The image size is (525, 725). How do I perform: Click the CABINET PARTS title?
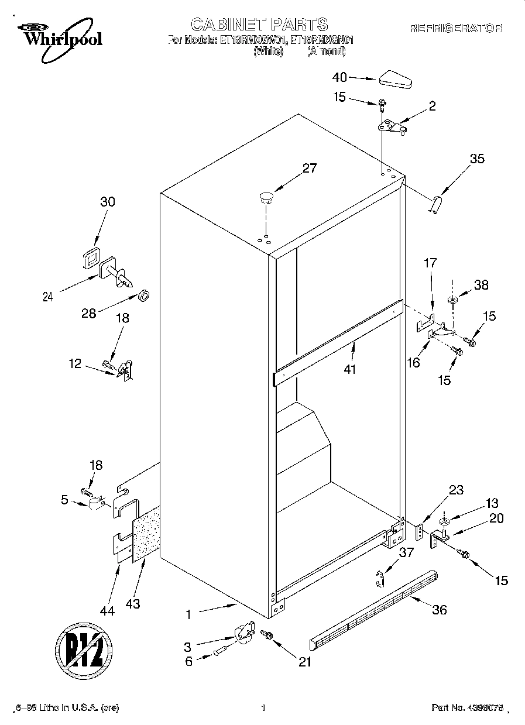coord(259,24)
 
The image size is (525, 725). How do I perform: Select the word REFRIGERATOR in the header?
coord(457,28)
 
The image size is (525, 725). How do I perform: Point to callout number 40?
coord(339,77)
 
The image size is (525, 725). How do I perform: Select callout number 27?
coord(309,169)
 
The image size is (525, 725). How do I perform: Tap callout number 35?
coord(477,158)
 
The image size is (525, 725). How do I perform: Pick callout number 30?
coord(108,202)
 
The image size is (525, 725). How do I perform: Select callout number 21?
coord(304,662)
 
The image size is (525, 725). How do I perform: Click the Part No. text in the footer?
coord(466,708)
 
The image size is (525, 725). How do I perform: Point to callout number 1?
coord(188,614)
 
